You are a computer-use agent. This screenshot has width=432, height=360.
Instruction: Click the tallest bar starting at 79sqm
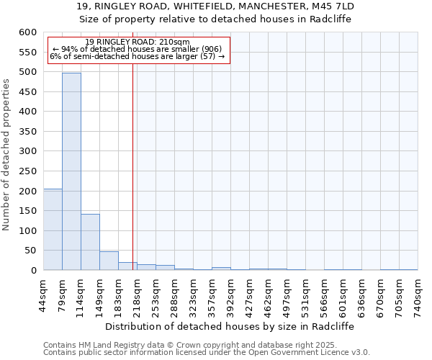pyautogui.click(x=71, y=171)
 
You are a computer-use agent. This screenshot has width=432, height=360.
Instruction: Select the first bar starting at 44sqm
pyautogui.click(x=53, y=229)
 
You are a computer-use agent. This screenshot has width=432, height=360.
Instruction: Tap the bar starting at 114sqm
pyautogui.click(x=90, y=242)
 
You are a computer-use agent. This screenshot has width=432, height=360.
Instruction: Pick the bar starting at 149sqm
pyautogui.click(x=109, y=261)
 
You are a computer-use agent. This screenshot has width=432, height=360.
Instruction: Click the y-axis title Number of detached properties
pyautogui.click(x=7, y=156)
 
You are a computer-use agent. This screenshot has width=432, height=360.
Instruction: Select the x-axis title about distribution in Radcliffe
pyautogui.click(x=235, y=325)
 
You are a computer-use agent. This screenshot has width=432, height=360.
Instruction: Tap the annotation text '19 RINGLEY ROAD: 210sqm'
pyautogui.click(x=137, y=42)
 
